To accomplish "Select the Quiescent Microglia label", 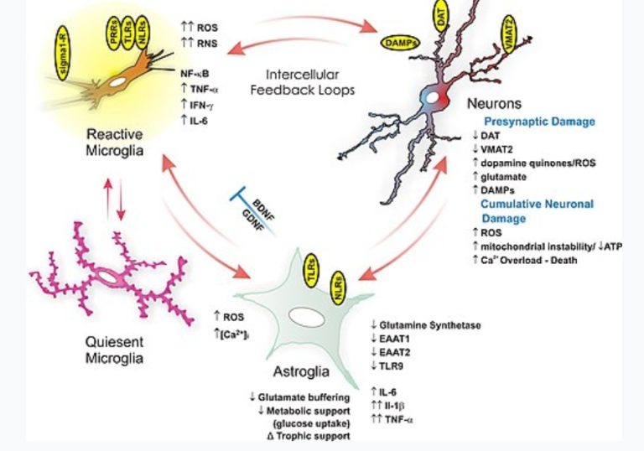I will coord(116,350).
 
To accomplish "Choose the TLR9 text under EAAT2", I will coord(393,365).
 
